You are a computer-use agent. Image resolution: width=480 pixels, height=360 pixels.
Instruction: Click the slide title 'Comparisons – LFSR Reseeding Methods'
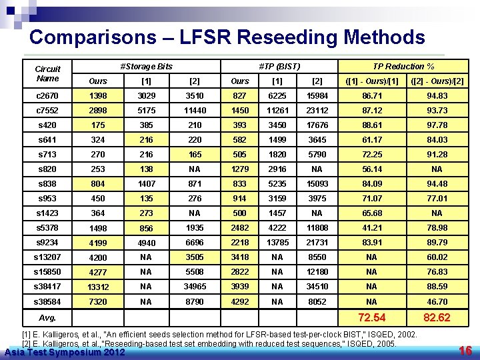coord(227,37)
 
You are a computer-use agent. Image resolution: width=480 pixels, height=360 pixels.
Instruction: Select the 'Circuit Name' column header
coord(47,73)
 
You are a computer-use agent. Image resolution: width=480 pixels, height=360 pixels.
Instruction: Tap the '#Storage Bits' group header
coord(145,66)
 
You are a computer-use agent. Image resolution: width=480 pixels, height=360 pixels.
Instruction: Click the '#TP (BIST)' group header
coord(279,66)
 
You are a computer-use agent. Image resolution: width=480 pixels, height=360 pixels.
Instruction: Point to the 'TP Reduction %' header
coord(403,66)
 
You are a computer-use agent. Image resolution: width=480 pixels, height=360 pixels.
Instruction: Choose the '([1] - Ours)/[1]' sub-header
coord(371,81)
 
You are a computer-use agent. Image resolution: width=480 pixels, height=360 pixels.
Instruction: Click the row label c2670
coord(47,96)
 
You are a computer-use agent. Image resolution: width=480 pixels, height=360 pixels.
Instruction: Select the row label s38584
coord(47,301)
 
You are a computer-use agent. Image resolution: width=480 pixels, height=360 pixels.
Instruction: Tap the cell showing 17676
coord(317,125)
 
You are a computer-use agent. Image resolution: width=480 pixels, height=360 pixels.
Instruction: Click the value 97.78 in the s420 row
coord(437,125)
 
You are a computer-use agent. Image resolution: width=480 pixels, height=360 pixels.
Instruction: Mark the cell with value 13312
coord(98,287)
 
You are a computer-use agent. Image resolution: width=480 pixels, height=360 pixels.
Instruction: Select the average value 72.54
coord(371,317)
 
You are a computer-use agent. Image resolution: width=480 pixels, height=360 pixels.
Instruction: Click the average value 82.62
coord(437,317)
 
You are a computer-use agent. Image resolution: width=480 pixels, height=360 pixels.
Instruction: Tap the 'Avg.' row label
coord(47,317)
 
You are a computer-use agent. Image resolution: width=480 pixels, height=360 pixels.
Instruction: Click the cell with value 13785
coord(277,243)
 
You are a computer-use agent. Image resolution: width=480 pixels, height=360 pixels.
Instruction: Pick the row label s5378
coord(47,228)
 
